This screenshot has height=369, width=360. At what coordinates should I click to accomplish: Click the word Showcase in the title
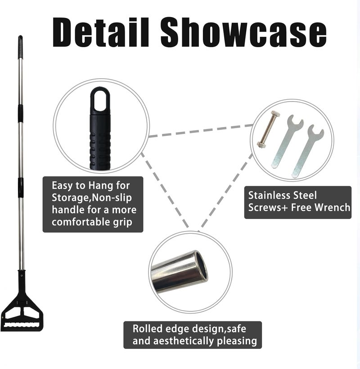point(243,32)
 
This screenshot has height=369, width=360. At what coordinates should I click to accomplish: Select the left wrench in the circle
point(288,141)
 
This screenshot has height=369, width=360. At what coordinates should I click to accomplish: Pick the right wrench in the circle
point(308,151)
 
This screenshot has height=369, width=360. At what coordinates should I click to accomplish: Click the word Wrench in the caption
point(333,207)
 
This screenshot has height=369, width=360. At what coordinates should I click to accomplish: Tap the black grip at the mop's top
point(21,47)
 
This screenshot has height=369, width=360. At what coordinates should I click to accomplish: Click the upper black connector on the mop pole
point(21,114)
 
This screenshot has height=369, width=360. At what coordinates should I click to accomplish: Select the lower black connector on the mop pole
point(21,187)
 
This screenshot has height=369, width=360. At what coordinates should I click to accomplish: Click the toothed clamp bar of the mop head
point(22,326)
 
